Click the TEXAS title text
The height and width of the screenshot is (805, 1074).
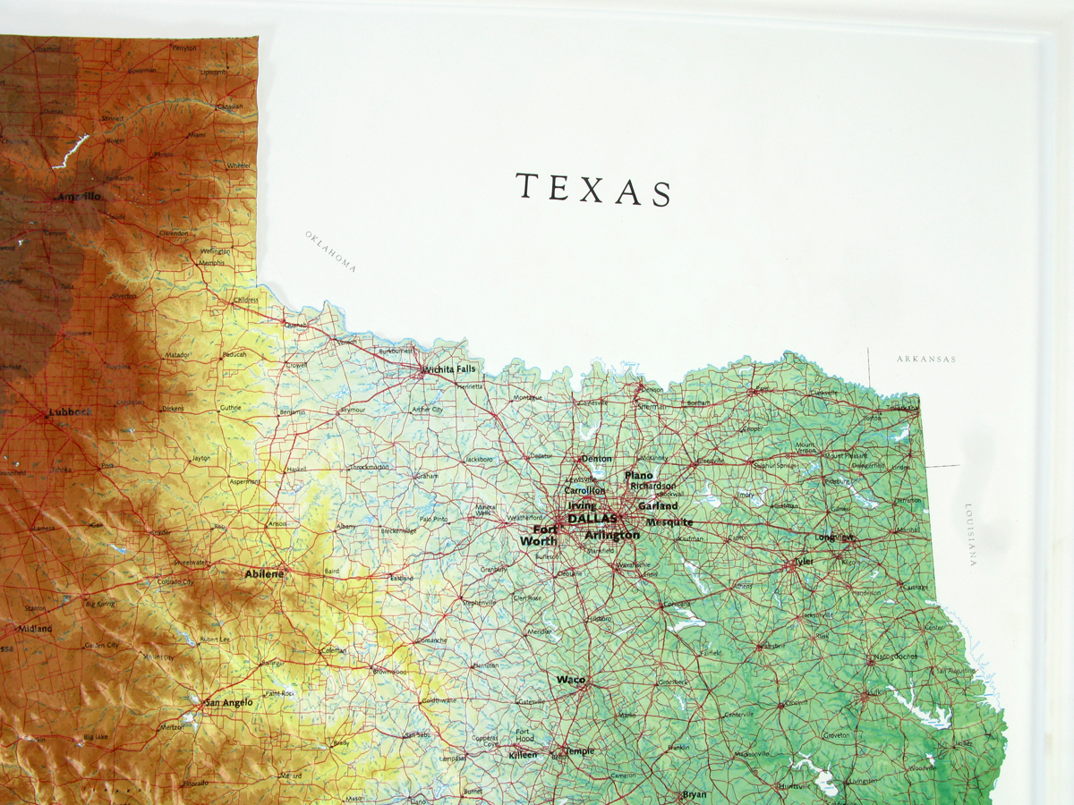tap(593, 189)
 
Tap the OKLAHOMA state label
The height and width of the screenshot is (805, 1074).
tap(330, 250)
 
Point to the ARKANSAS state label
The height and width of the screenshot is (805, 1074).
tap(926, 360)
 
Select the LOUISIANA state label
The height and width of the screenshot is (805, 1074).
tap(970, 535)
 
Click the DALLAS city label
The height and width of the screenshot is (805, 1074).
tap(592, 519)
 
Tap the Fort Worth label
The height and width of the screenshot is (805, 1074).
tap(539, 535)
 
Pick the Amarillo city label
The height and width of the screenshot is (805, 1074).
tap(79, 197)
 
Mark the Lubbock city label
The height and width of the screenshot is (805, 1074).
tap(69, 412)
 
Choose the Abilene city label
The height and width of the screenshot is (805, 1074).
tap(264, 573)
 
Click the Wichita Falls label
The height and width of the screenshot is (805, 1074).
tap(450, 369)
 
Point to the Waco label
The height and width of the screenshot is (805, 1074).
tap(571, 680)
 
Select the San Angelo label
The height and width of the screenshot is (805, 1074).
tap(229, 703)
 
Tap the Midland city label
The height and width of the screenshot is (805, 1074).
tap(36, 629)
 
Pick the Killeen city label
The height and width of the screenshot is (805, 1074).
tap(523, 755)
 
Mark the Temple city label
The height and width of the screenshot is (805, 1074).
tap(579, 751)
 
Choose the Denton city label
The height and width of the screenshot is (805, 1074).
tap(597, 459)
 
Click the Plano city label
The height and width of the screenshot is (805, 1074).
tap(639, 476)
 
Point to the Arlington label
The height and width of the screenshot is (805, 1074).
tap(612, 535)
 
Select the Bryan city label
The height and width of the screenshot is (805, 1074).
tap(695, 794)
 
